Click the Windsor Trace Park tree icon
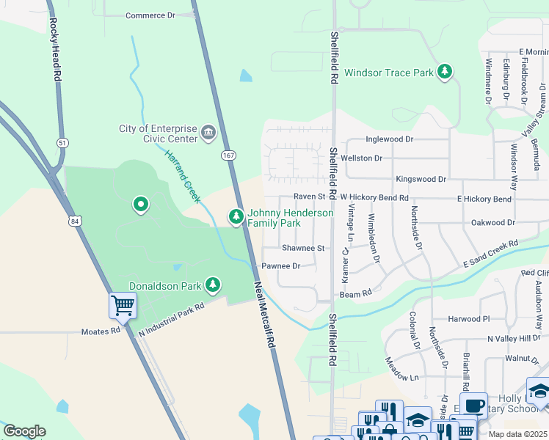444,71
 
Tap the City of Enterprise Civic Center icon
208,133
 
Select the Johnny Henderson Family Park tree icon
236,216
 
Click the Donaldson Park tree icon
213,284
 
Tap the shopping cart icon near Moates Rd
123,304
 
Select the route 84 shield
74,220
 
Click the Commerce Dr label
151,15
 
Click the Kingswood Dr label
421,179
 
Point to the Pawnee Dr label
281,266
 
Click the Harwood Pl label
469,319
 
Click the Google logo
24,431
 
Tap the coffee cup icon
474,404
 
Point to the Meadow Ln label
401,373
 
